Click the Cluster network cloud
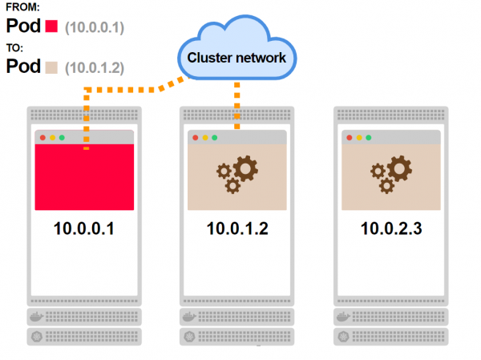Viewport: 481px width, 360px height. tap(237, 57)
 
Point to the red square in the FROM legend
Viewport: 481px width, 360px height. tap(53, 26)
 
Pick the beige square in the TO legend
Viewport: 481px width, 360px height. tap(53, 67)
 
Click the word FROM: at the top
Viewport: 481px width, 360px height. tap(22, 7)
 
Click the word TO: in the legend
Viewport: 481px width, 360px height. tap(15, 48)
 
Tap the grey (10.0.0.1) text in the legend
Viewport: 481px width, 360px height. tap(95, 26)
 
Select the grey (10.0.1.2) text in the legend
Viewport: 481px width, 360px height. tap(95, 67)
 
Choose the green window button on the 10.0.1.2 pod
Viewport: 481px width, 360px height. tap(214, 138)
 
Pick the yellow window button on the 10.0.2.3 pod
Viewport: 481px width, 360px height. tap(358, 138)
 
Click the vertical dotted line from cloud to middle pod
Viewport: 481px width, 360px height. tap(237, 104)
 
